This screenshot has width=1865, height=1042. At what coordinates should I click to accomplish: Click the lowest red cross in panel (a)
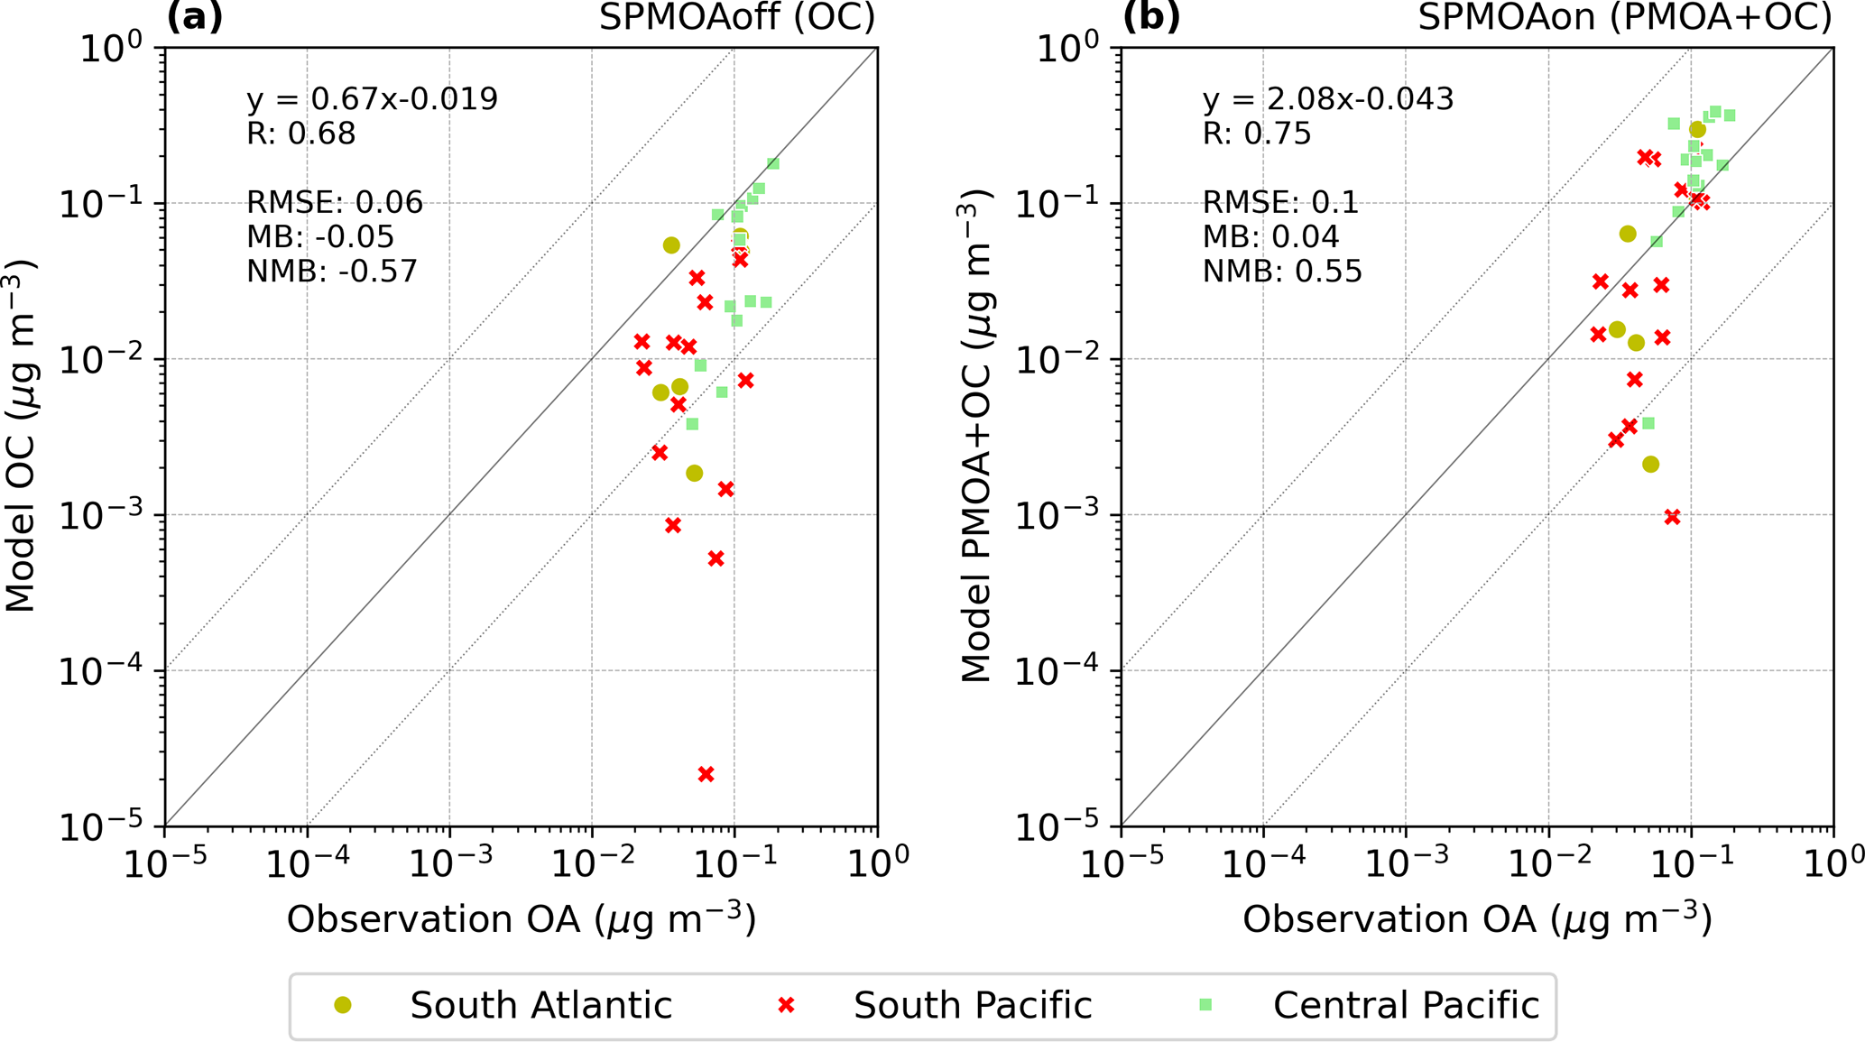(x=706, y=774)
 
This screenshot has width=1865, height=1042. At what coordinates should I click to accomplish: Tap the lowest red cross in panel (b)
(x=1672, y=517)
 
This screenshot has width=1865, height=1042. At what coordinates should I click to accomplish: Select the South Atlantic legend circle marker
(x=343, y=1005)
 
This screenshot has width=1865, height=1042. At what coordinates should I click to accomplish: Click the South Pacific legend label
(x=973, y=1005)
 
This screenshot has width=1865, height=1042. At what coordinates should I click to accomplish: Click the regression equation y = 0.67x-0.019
(x=372, y=99)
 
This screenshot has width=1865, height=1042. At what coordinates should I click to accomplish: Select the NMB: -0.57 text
(x=332, y=272)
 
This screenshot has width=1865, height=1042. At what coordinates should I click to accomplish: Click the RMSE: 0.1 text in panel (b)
(x=1280, y=202)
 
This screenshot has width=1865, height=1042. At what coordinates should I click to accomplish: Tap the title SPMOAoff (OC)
(x=737, y=18)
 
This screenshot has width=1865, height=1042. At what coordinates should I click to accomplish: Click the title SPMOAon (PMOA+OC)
(x=1625, y=18)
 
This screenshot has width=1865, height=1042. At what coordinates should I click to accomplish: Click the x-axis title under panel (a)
(x=522, y=919)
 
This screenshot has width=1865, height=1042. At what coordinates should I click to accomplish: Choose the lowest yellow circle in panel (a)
(x=694, y=474)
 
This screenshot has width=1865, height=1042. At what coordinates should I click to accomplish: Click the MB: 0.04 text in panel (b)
(x=1270, y=237)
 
